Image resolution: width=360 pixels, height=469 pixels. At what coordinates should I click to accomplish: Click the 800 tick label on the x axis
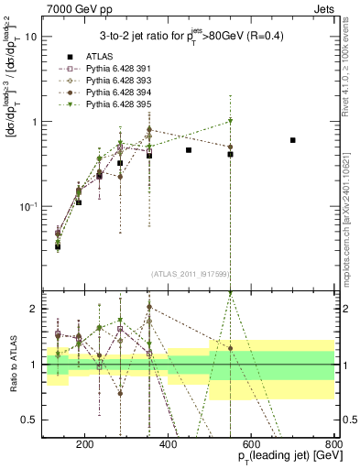pos(334,443)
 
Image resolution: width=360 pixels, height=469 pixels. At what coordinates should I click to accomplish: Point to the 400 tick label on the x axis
pos(168,443)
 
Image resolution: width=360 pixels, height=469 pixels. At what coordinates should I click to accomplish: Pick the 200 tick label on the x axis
pos(84,443)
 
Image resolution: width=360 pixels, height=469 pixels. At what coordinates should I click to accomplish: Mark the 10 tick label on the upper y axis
pos(30,38)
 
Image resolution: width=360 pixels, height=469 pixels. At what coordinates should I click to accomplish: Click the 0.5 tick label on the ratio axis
pos(28,420)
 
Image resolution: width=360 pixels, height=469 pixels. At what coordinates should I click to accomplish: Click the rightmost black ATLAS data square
pos(293,140)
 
